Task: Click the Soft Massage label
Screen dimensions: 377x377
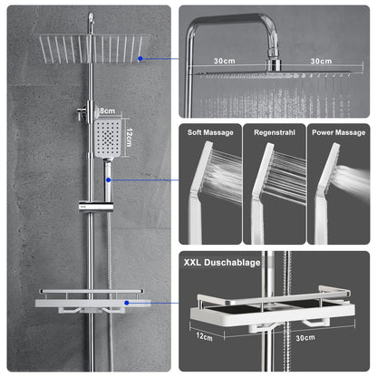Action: pos(209,133)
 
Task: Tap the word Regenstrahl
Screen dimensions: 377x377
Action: pos(275,133)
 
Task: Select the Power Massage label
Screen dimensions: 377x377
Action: pos(338,133)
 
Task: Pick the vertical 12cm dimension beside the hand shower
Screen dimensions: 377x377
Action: pos(130,138)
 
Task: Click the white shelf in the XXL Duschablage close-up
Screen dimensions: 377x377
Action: pos(272,310)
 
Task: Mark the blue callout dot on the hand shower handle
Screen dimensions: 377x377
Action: pos(110,179)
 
